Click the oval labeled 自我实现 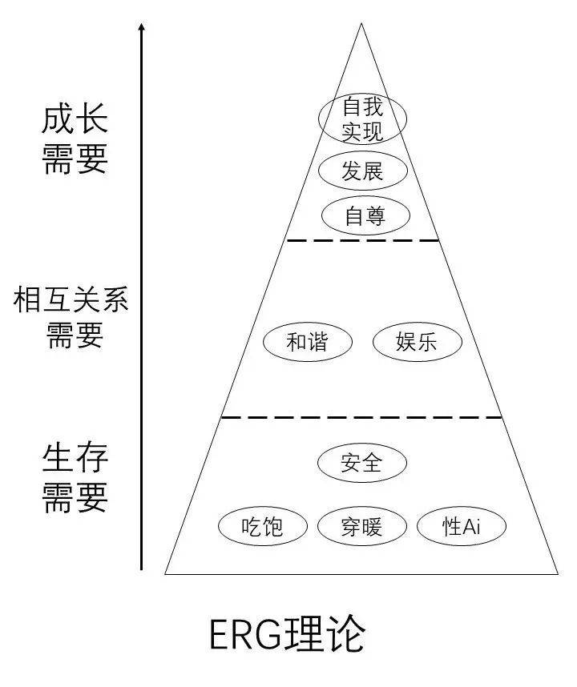pos(363,118)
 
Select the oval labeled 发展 pos(363,171)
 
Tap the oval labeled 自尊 pos(365,216)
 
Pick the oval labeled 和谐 pos(308,343)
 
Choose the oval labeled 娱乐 pos(417,343)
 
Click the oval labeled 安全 pos(362,463)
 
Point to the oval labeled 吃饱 pos(263,526)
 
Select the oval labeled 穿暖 pos(362,526)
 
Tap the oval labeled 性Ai pos(462,526)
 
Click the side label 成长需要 pos(75,139)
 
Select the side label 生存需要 pos(75,479)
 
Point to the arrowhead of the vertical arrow pos(142,28)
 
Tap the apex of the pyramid pos(361,24)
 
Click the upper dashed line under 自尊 pos(362,240)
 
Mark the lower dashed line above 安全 pos(361,417)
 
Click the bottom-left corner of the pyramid pos(166,573)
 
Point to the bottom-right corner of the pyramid pos(557,573)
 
